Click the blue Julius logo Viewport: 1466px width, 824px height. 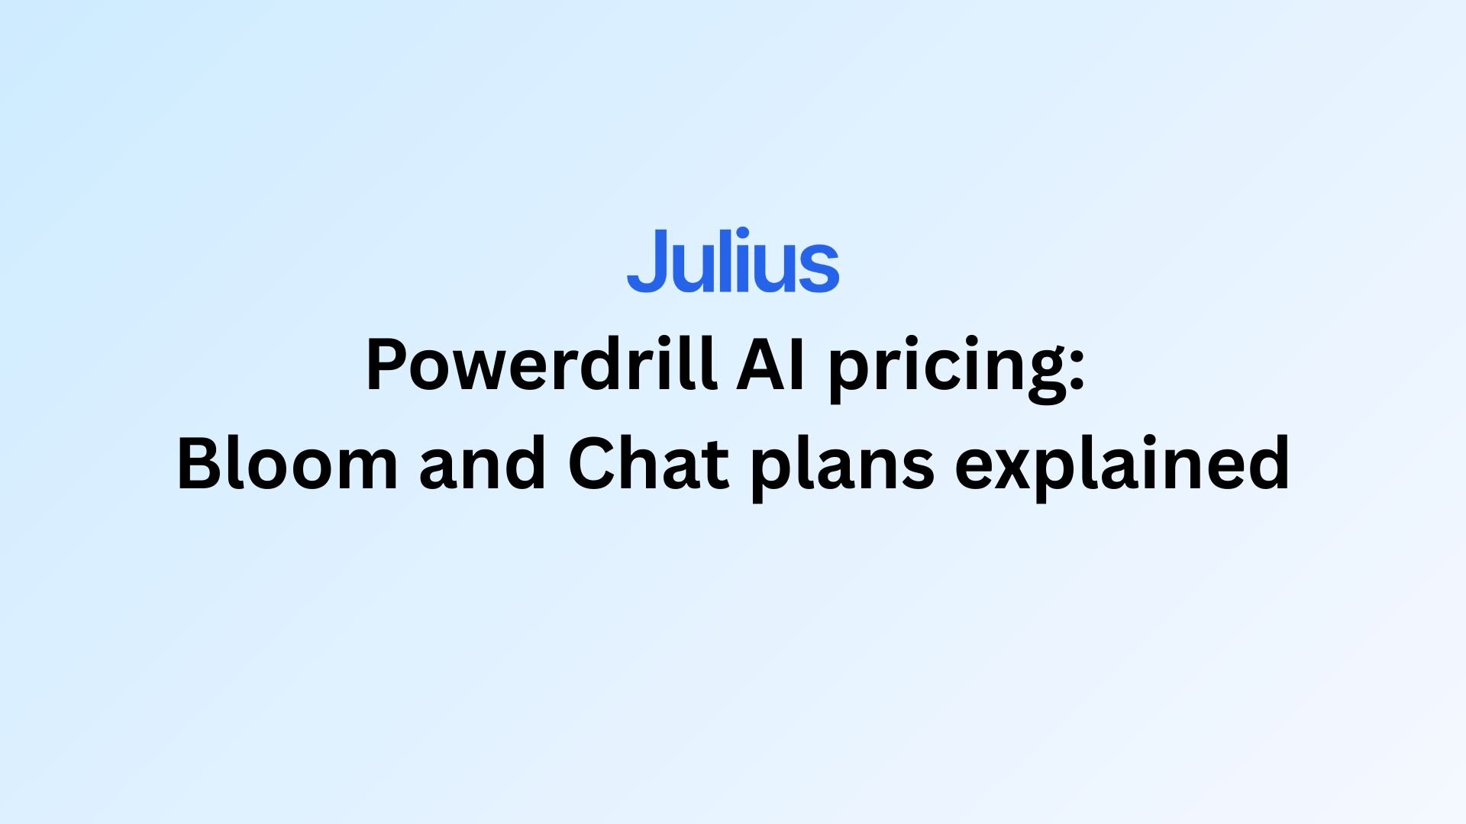point(733,260)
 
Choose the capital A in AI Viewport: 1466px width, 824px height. point(760,365)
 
